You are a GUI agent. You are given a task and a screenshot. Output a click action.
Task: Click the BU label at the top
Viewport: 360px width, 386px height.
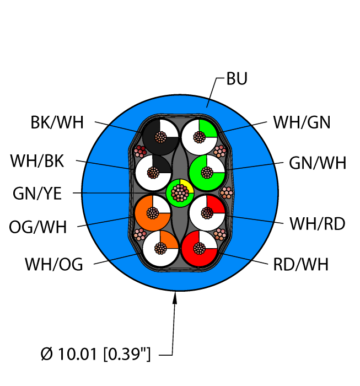(x=237, y=79)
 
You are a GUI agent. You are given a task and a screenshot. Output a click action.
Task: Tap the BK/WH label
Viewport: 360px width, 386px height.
(x=57, y=122)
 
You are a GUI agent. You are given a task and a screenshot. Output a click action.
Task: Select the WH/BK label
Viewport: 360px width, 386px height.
(x=37, y=162)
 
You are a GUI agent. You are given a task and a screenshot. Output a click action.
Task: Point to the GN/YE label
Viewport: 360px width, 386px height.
(x=37, y=194)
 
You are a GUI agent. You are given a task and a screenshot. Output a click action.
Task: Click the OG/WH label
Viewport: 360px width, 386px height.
(x=37, y=227)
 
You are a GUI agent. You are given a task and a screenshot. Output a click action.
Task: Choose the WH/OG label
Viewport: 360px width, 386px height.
(x=53, y=265)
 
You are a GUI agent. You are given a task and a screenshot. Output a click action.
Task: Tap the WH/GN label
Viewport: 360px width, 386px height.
(x=302, y=122)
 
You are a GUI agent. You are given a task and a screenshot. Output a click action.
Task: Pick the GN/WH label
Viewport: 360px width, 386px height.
(x=318, y=163)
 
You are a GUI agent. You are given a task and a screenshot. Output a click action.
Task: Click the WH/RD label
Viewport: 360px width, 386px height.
(x=318, y=223)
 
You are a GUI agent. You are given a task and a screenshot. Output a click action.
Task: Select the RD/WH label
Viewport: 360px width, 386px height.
(x=300, y=265)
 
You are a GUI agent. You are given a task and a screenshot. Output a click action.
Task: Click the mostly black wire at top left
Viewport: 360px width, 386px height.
(x=160, y=136)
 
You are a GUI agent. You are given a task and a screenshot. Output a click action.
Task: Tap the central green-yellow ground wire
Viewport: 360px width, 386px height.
(x=179, y=193)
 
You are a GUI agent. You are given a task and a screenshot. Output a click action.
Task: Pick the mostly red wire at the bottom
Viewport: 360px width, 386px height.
(x=198, y=249)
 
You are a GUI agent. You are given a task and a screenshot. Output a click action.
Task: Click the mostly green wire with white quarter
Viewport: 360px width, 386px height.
(x=207, y=172)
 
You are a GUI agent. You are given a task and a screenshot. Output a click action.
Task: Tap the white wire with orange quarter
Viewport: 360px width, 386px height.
(x=160, y=249)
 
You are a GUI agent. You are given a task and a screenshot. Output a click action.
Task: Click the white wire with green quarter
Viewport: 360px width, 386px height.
(x=198, y=136)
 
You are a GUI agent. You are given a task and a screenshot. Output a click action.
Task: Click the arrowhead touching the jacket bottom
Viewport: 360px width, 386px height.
(x=176, y=299)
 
